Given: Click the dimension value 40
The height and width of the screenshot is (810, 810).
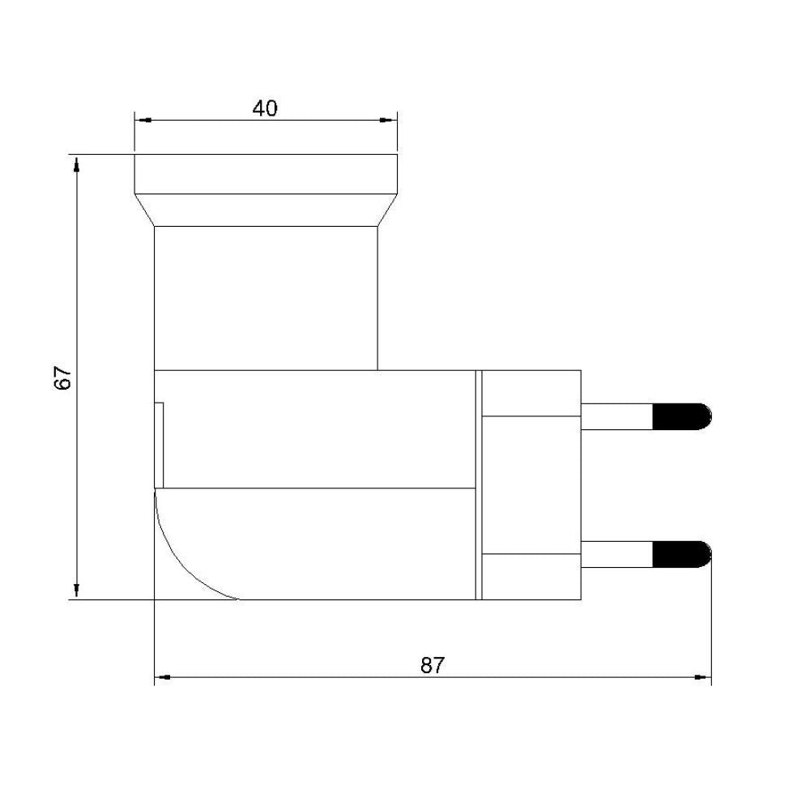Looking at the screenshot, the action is [x=265, y=108].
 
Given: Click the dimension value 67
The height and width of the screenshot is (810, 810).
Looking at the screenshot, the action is [x=63, y=377].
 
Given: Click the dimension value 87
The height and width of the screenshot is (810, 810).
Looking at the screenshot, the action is [x=433, y=665].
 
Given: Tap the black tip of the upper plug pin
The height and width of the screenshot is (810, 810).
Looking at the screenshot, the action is [x=682, y=416].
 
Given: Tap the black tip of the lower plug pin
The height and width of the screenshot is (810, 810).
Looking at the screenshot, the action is [x=682, y=554].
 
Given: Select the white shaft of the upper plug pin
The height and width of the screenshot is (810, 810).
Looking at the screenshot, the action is [x=616, y=416].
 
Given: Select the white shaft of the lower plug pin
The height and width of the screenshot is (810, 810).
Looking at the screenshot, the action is [x=616, y=554].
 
